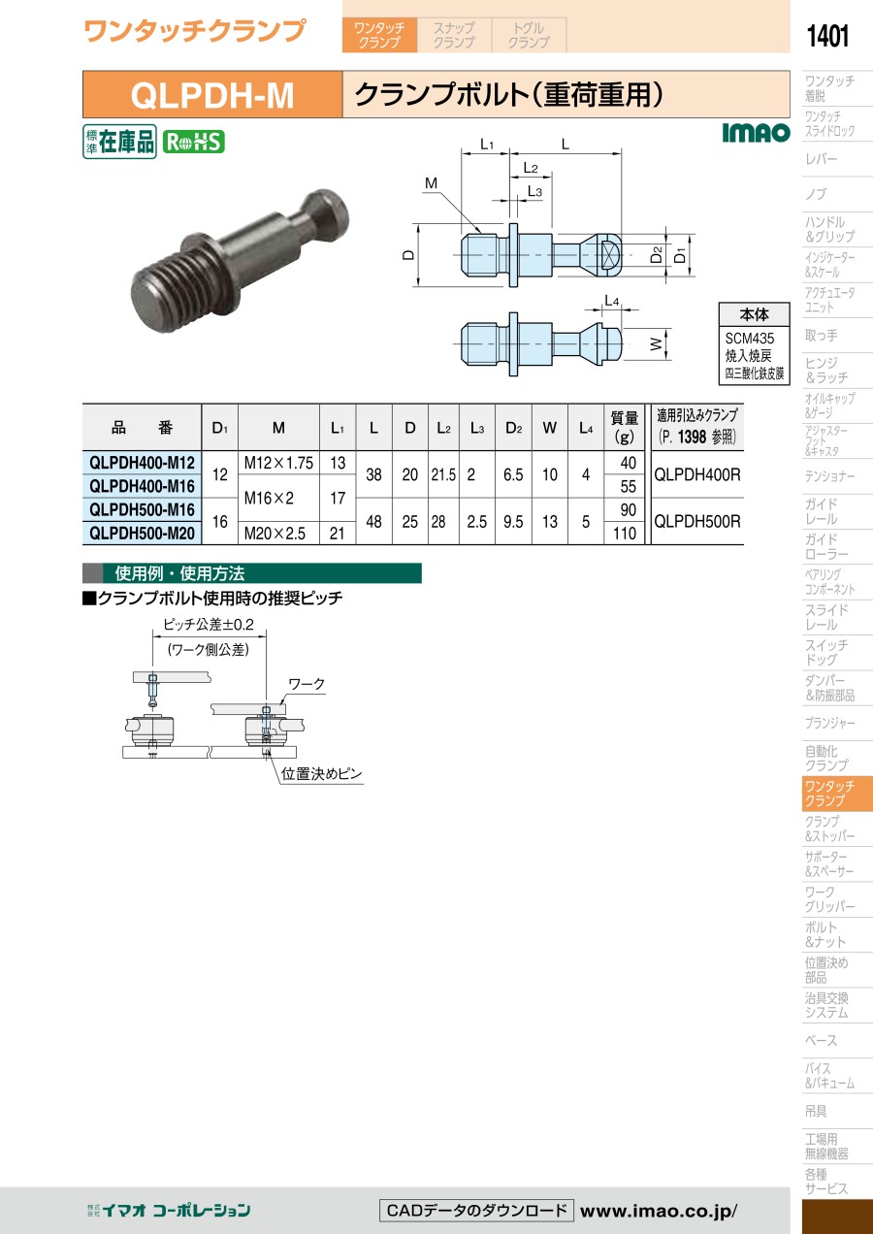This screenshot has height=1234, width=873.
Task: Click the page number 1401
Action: pyautogui.click(x=827, y=36)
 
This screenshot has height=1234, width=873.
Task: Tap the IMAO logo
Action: pyautogui.click(x=756, y=133)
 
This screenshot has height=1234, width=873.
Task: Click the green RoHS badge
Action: pyautogui.click(x=193, y=142)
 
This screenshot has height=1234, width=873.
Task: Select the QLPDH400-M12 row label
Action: pyautogui.click(x=142, y=463)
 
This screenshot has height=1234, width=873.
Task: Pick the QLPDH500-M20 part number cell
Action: pyautogui.click(x=142, y=533)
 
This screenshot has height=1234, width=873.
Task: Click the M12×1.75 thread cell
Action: pyautogui.click(x=278, y=463)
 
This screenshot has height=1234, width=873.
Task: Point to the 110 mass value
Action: pyautogui.click(x=624, y=533)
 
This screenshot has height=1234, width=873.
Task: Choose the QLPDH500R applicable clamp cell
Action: pyautogui.click(x=697, y=521)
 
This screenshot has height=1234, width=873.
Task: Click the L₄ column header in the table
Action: pyautogui.click(x=586, y=428)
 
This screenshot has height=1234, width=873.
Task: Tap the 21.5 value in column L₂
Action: pyautogui.click(x=443, y=474)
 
